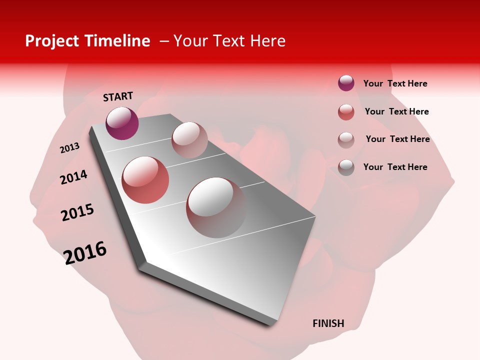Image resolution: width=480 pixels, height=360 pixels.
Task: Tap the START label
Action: coord(118,96)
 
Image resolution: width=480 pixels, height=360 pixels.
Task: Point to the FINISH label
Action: coord(328,323)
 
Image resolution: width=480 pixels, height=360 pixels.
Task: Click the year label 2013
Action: coord(69,148)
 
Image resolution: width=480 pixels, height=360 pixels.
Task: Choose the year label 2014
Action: coord(73,177)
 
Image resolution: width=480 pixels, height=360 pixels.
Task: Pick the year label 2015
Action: coord(77,212)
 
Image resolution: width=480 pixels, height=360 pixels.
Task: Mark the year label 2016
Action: coord(85,252)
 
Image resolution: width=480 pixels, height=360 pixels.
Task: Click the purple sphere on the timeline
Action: coord(122,123)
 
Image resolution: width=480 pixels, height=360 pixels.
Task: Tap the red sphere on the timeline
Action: coord(145,180)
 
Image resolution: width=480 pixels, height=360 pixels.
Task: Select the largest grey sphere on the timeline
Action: coord(216,207)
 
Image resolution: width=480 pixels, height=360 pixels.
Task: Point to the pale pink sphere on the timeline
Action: coord(189,140)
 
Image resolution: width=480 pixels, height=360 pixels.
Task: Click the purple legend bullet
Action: coord(346,83)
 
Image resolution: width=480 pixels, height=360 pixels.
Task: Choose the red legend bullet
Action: coord(346,112)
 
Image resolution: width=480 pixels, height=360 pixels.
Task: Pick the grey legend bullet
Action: coord(346,167)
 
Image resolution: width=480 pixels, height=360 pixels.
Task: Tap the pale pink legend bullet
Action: coord(346,140)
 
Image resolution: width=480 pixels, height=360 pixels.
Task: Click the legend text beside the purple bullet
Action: coord(395,83)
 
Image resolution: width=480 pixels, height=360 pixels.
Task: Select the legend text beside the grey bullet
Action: coord(395,167)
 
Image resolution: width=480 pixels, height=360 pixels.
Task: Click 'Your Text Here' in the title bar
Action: coord(229,41)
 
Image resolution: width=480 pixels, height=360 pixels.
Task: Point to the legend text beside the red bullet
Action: coord(396,111)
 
